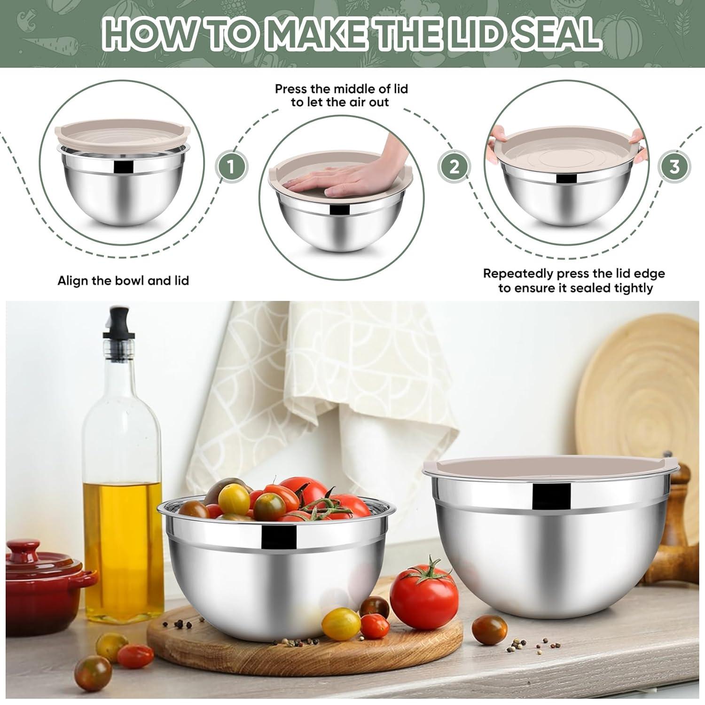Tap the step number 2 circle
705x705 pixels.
454,166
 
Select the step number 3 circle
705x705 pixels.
674,166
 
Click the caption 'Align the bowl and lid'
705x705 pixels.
123,281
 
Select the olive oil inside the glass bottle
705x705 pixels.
123,522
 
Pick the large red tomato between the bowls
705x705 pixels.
423,592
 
